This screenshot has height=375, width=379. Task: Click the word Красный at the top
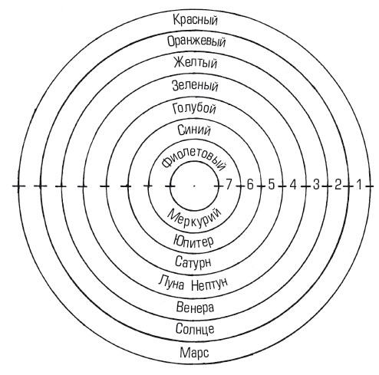coord(195,20)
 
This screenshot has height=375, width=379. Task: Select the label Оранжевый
coord(196,41)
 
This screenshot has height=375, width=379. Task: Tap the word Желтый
coord(196,63)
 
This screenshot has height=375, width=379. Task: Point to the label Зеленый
coord(195,86)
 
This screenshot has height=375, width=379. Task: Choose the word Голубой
coord(194,108)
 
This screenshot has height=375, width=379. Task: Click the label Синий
coord(194,130)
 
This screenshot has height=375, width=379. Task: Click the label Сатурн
coord(193,262)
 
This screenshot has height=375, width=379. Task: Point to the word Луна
coord(171,283)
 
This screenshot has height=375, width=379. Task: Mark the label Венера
coord(195,308)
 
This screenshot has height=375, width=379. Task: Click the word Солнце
coord(195,329)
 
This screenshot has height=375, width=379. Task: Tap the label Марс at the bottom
coord(194,353)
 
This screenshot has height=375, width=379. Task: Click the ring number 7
coord(229,185)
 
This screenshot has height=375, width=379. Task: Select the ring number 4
coord(293,185)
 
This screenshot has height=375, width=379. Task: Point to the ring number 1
coord(359,185)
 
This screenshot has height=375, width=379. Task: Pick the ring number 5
coord(272,185)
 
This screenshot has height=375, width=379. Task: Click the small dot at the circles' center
coord(194,186)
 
